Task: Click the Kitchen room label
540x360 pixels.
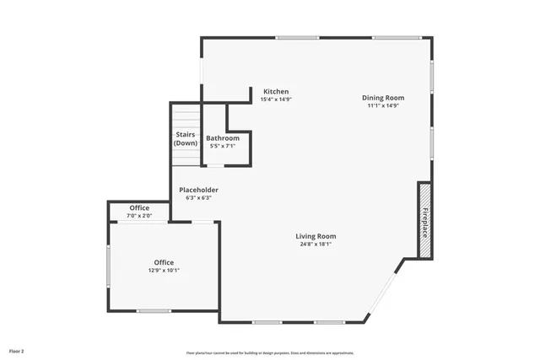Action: click(276, 91)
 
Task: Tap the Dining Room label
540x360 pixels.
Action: click(383, 98)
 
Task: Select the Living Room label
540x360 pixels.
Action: click(316, 236)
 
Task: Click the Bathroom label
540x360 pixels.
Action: click(223, 138)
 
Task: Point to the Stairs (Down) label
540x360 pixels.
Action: click(186, 139)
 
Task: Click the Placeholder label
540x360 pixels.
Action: click(199, 190)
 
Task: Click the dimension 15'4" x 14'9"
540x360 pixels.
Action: click(276, 99)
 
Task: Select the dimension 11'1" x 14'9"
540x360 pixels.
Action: click(383, 106)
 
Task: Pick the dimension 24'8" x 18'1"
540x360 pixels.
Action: click(316, 244)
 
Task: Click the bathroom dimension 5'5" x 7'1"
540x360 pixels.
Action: click(223, 147)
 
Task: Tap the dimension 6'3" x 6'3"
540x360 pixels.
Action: click(199, 198)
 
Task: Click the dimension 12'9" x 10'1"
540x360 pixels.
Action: click(164, 271)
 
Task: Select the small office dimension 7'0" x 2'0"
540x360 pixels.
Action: click(139, 216)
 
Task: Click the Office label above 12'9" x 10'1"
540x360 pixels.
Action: click(164, 262)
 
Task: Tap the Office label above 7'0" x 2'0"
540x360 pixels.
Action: click(139, 207)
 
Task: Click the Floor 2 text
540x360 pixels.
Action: click(17, 350)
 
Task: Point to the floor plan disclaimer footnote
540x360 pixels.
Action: click(270, 353)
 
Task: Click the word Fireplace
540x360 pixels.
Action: click(425, 221)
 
